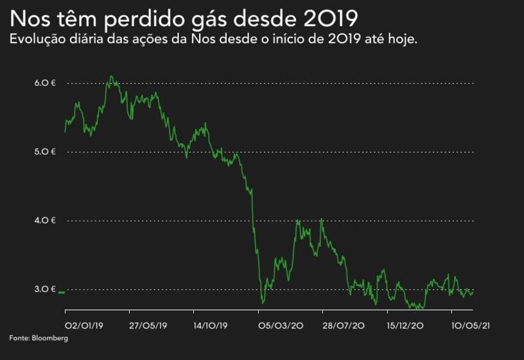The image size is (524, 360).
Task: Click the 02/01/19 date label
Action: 84,325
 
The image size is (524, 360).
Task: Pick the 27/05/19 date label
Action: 149,325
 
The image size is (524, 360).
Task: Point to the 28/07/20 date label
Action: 344,325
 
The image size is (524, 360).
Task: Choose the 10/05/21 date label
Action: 471,325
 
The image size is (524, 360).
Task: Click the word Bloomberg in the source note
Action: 49,338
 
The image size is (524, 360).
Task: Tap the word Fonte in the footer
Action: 19,338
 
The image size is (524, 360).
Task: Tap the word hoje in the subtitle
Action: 404,40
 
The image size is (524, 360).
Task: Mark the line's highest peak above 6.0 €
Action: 111,76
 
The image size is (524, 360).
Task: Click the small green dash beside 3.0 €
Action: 62,293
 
